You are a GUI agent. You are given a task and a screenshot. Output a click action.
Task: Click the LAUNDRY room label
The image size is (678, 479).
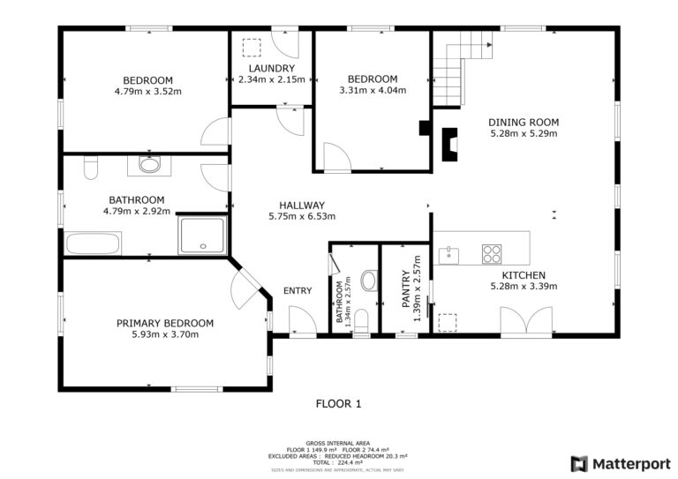point(272,68)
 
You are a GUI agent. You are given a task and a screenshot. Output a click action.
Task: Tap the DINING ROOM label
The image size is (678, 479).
point(524,123)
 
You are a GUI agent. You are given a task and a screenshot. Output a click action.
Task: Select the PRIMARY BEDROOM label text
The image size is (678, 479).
point(165,323)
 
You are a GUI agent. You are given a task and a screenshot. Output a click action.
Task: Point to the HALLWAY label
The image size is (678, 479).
point(302,206)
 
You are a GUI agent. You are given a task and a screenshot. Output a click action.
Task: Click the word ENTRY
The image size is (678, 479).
point(298,291)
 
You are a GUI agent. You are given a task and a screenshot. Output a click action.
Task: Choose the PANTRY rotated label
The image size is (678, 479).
point(405,289)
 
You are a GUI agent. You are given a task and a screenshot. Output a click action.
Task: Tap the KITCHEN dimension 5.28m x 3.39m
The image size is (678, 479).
point(524,286)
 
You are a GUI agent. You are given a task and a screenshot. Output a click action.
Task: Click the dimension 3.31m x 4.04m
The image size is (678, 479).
point(373,90)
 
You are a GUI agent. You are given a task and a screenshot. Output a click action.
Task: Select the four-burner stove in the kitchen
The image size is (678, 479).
point(492,254)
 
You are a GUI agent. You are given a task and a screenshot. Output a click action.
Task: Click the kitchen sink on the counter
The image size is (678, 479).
point(448,255)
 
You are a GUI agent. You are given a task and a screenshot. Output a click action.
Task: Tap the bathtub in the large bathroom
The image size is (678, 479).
point(93,244)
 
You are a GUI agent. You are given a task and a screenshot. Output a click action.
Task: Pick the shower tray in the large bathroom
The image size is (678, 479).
point(202,236)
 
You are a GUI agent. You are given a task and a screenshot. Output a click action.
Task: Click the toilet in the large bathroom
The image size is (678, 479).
point(91,168)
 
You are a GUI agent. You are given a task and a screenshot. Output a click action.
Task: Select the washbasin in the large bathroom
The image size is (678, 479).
point(149,165)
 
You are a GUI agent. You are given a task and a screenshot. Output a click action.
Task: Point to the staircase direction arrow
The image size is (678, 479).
point(489,44)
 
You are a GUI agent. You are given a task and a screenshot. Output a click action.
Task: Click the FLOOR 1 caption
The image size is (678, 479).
point(339,404)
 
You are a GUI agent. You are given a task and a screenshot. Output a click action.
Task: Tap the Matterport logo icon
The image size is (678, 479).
point(579,464)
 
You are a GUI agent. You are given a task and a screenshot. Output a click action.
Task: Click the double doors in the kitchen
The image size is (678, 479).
point(526,320)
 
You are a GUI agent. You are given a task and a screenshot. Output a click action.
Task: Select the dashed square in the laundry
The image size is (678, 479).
point(252,48)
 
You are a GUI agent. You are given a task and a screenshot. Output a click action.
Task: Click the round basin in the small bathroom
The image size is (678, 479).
point(370,281)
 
